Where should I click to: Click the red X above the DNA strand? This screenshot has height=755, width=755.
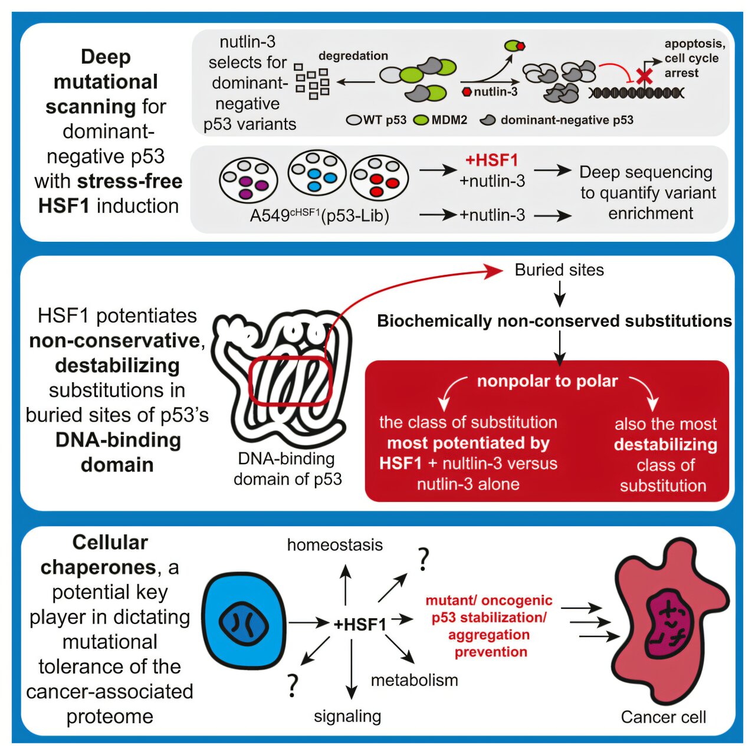(644, 75)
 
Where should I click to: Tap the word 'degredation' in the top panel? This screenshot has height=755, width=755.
(353, 56)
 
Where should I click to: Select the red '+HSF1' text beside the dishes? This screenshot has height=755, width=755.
(491, 160)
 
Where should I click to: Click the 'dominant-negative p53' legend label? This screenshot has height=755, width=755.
(566, 120)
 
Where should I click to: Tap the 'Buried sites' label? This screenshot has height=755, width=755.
(559, 270)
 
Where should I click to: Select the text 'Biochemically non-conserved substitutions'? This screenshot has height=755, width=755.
(554, 321)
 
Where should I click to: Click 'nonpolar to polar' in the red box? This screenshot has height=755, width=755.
(547, 382)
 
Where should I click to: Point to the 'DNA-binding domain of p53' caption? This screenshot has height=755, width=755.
(287, 469)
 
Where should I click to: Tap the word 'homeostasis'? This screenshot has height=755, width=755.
(334, 545)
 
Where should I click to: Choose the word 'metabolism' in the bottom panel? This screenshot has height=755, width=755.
(414, 680)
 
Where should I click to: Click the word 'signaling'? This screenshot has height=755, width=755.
(347, 717)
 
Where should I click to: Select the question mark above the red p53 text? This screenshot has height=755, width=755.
(422, 559)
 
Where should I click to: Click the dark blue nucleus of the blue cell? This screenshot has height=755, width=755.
(244, 623)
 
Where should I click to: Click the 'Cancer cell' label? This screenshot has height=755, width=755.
(663, 717)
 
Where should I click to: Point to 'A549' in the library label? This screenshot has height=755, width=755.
(269, 216)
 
